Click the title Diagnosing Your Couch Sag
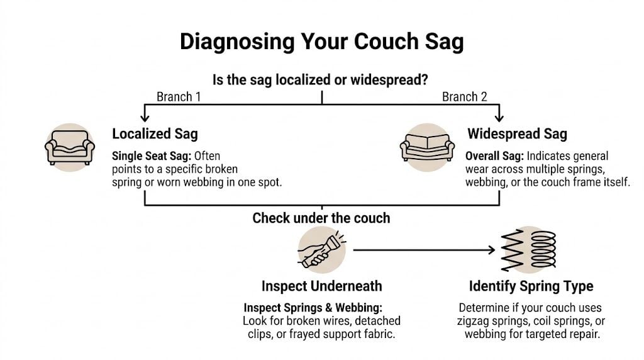click(x=321, y=42)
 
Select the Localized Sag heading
click(x=155, y=133)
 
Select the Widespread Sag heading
click(x=517, y=133)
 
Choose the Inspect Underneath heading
click(x=321, y=286)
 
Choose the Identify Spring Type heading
click(x=531, y=286)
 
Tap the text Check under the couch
click(x=321, y=218)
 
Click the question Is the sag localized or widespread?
click(x=321, y=80)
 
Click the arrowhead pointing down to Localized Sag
click(x=145, y=117)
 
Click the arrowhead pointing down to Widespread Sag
click(x=499, y=117)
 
